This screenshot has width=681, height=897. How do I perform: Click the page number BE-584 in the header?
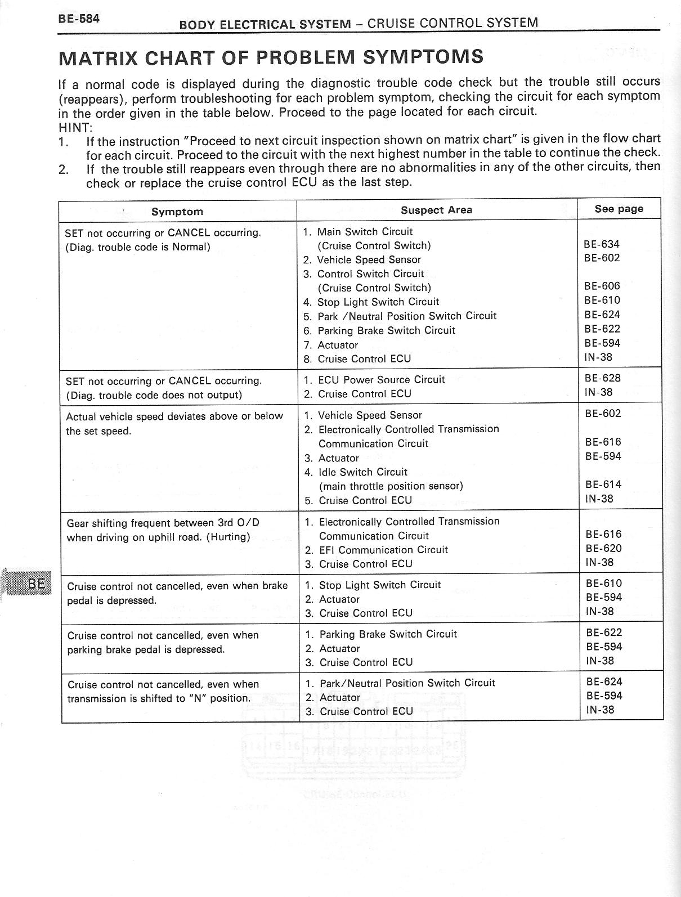78,19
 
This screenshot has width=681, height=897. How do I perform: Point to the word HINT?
75,127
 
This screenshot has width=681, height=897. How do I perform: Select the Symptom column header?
177,212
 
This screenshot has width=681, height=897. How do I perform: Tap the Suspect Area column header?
436,210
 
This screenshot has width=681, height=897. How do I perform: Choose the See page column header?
619,209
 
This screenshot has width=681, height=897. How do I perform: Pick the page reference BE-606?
602,286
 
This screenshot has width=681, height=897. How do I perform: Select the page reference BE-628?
602,378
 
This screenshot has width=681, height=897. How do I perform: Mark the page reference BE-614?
603,484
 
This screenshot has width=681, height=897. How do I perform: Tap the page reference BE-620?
603,548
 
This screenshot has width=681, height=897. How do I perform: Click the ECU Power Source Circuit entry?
381,380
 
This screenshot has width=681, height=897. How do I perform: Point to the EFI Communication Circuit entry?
383,550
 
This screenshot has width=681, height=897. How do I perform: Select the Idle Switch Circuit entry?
362,472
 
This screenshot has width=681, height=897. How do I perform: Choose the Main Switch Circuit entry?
365,232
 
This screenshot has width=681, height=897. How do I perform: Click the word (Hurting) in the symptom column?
228,537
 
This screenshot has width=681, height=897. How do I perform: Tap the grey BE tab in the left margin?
35,584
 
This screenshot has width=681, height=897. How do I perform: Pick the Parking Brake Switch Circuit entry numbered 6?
386,330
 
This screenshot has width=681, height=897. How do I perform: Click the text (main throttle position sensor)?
391,486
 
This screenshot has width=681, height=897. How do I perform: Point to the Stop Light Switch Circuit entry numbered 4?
378,302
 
